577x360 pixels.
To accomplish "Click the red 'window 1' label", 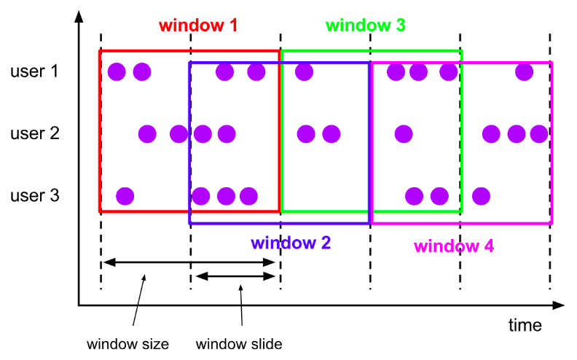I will coord(197,26).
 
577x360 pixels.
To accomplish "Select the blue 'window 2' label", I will coord(291,243).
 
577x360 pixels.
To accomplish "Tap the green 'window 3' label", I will coord(365,26).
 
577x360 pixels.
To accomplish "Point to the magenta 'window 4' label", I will coord(454,246).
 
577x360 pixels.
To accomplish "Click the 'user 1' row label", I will coord(34,71).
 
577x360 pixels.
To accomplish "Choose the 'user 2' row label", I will coord(34,133).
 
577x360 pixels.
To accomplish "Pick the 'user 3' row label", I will coord(34,195).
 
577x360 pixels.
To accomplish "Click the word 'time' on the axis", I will coord(525,325).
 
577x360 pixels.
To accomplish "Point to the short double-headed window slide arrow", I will coord(235,276).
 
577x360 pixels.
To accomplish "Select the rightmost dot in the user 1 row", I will coord(523,71).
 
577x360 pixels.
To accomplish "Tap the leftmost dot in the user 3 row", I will coord(125,196).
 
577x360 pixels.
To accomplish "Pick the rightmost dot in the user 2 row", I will coord(539,134).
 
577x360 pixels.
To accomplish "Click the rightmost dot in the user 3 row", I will coord(480,196).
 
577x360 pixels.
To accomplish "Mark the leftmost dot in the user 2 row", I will coord(147,134).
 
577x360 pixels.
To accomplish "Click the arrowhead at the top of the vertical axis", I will coord(78,15).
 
